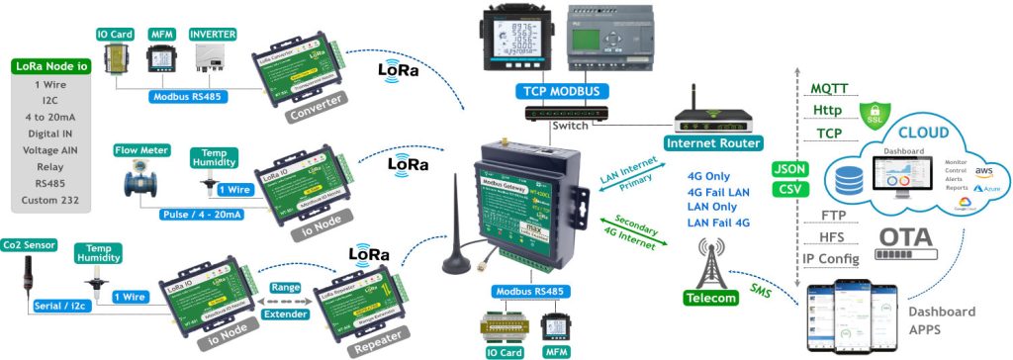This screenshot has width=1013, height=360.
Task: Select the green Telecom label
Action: pos(710,298)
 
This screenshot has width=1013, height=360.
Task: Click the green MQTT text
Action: pos(828,88)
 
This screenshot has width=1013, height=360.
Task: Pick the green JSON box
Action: pos(790,168)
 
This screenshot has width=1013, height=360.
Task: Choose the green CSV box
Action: pos(790,189)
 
